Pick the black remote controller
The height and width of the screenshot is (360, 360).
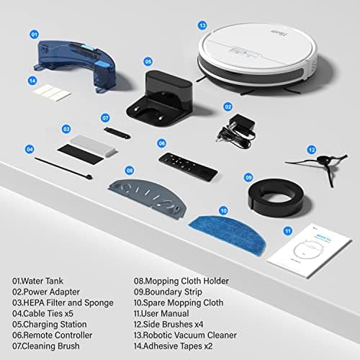coord(187,165)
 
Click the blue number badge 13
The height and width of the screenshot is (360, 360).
coord(203,25)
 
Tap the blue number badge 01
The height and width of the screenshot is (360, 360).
coord(34,34)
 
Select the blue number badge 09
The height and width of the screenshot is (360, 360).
coord(248,177)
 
